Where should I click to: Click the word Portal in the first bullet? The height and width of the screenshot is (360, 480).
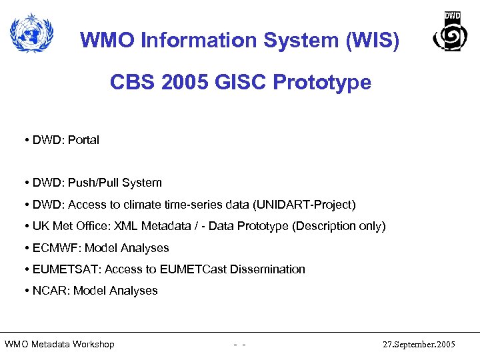click(83, 140)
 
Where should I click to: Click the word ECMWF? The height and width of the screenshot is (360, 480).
click(53, 248)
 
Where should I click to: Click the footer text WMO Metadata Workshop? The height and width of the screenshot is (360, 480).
click(59, 345)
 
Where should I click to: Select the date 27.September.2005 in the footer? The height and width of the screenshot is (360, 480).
click(419, 345)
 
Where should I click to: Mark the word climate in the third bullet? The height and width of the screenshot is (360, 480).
click(151, 204)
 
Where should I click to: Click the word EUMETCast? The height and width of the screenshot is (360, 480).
click(195, 269)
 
